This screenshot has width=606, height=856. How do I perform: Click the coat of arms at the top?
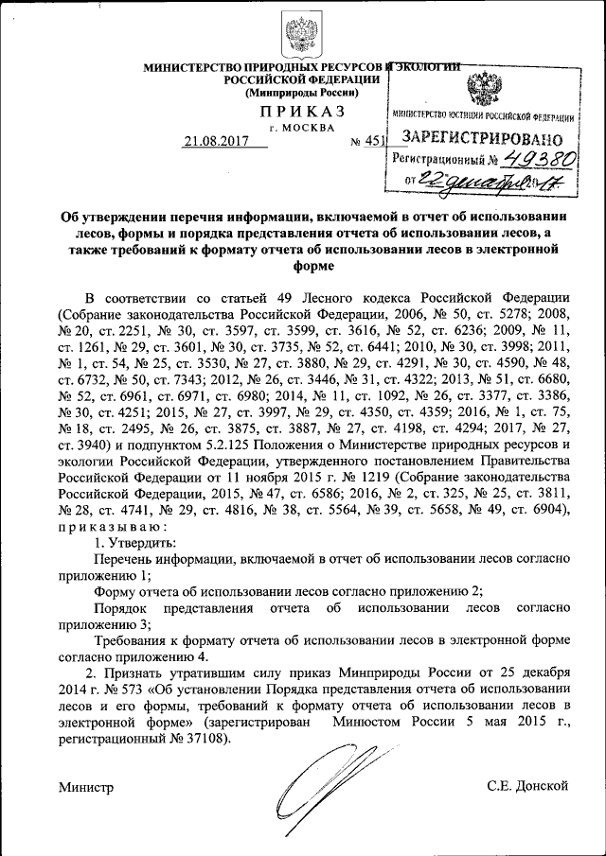302,33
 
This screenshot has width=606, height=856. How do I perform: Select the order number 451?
377,142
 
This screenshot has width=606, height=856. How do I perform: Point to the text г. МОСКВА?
302,127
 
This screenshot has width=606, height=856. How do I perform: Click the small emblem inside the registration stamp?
484,90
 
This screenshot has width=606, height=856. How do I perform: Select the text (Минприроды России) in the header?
301,93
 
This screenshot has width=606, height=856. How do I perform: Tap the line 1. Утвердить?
134,543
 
